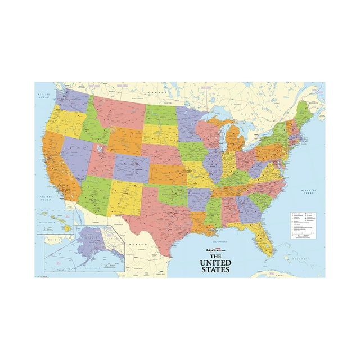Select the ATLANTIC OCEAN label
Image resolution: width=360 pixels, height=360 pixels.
coord(309,191)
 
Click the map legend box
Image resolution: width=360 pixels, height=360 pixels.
coord(305,226)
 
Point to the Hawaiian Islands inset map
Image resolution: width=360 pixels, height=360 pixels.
coord(55,222)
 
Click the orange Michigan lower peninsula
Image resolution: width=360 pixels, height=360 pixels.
coord(236,140)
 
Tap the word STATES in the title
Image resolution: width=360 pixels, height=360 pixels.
coord(215,269)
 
